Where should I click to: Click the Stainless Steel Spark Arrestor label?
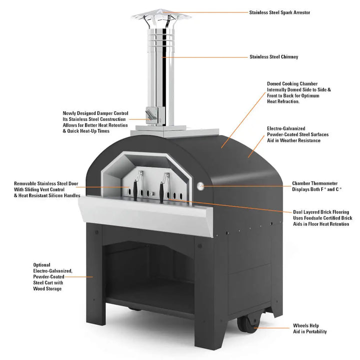click(x=279, y=12)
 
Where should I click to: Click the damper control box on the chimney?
click(x=151, y=115)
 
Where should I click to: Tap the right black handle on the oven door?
click(x=162, y=186)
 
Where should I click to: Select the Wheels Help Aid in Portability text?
click(x=309, y=328)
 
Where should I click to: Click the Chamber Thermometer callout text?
click(x=317, y=186)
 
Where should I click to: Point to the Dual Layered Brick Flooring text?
click(x=322, y=218)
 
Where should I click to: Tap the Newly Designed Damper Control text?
click(x=95, y=122)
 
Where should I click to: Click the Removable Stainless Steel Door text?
click(x=47, y=189)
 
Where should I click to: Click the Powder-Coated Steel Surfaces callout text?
click(x=297, y=134)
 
